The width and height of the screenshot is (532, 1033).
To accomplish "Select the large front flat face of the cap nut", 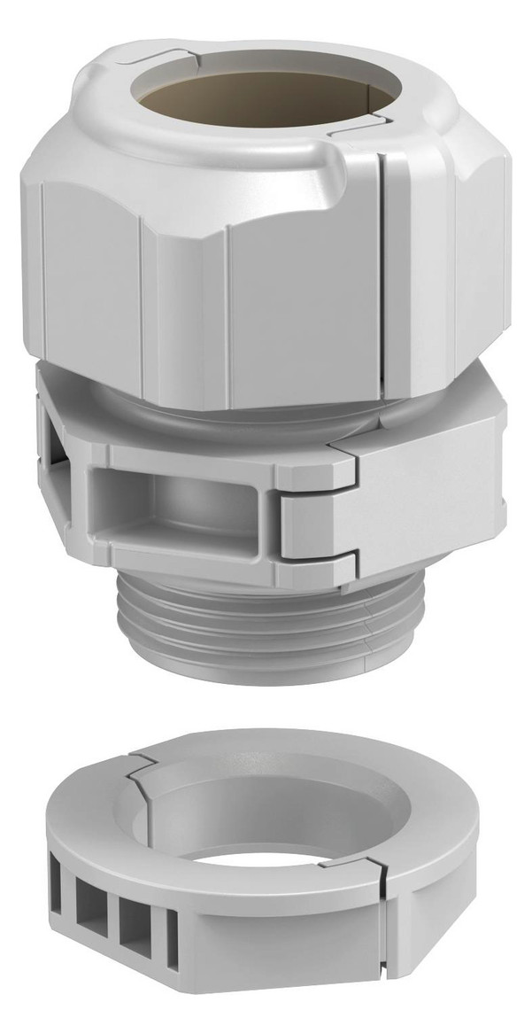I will (x=301, y=292).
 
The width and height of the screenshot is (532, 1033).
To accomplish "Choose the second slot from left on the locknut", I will (x=91, y=913).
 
